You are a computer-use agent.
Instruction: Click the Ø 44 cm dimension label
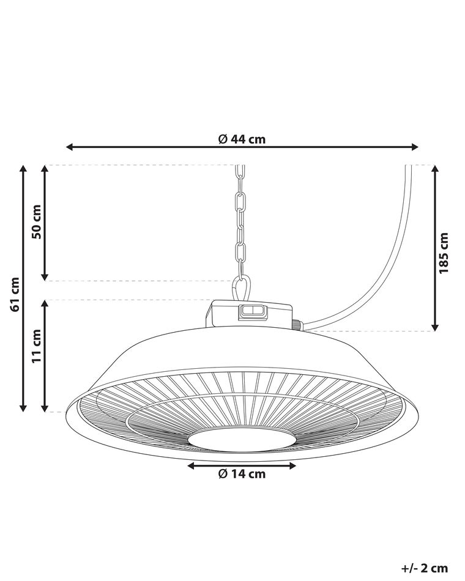[x=242, y=139]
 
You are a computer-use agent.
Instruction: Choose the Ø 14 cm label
[x=242, y=474]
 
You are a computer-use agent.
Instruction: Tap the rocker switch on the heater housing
[x=250, y=311]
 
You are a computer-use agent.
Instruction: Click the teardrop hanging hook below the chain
[x=242, y=287]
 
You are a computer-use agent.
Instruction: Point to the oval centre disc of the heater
[x=242, y=439]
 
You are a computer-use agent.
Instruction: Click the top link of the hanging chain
[x=240, y=172]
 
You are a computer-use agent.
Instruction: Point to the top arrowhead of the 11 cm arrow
[x=45, y=304]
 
